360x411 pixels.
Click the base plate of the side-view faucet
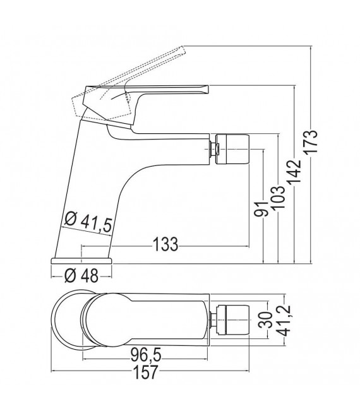(81, 260)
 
